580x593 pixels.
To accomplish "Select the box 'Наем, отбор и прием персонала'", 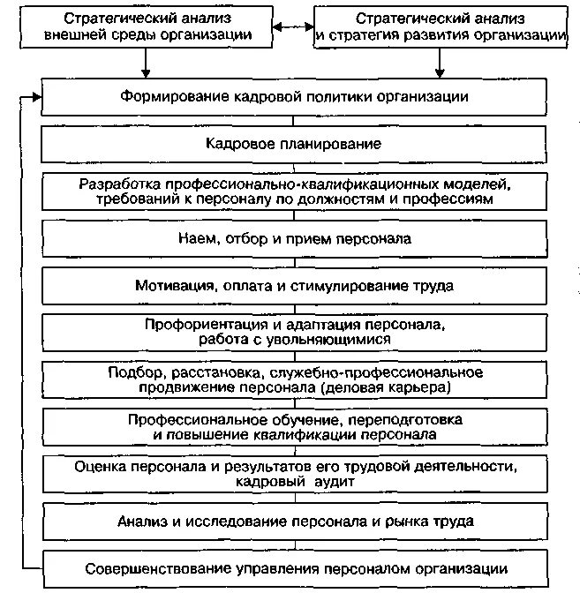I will (294, 238).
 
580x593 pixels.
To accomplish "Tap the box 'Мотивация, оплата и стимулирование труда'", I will (294, 286).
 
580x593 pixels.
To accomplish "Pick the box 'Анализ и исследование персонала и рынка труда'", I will (294, 521).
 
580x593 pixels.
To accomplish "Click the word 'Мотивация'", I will (171, 286).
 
